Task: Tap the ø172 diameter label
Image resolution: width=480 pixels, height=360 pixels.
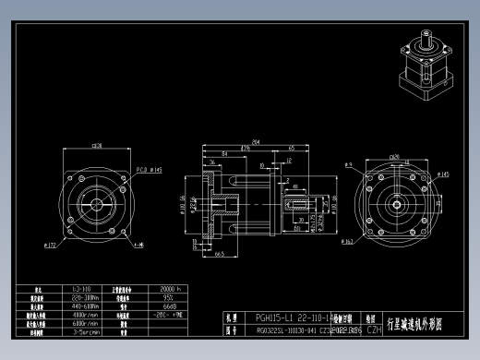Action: coord(51,245)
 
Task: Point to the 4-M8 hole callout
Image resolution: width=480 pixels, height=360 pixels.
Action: coord(138,246)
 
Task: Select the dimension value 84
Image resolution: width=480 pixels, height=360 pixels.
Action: coord(225,154)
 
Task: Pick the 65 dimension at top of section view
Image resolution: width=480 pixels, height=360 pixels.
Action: coord(291,148)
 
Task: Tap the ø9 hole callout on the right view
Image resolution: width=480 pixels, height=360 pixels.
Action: coord(349,164)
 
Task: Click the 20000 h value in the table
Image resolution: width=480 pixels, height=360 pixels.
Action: coord(168,288)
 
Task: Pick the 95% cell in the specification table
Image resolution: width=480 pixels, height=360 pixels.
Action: coord(168,297)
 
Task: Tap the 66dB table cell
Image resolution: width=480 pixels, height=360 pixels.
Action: coord(168,306)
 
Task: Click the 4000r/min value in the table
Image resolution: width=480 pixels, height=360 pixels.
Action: coord(85,316)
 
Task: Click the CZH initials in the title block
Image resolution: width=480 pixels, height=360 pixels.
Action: coord(374,329)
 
